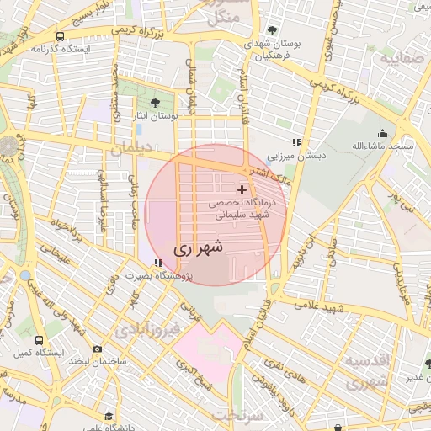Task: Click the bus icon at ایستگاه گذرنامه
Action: pos(60,36)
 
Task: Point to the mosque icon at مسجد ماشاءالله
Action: pos(382,133)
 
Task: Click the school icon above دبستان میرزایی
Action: pos(295,142)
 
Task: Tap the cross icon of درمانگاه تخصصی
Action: pos(242,190)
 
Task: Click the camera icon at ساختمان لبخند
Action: pos(97,349)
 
